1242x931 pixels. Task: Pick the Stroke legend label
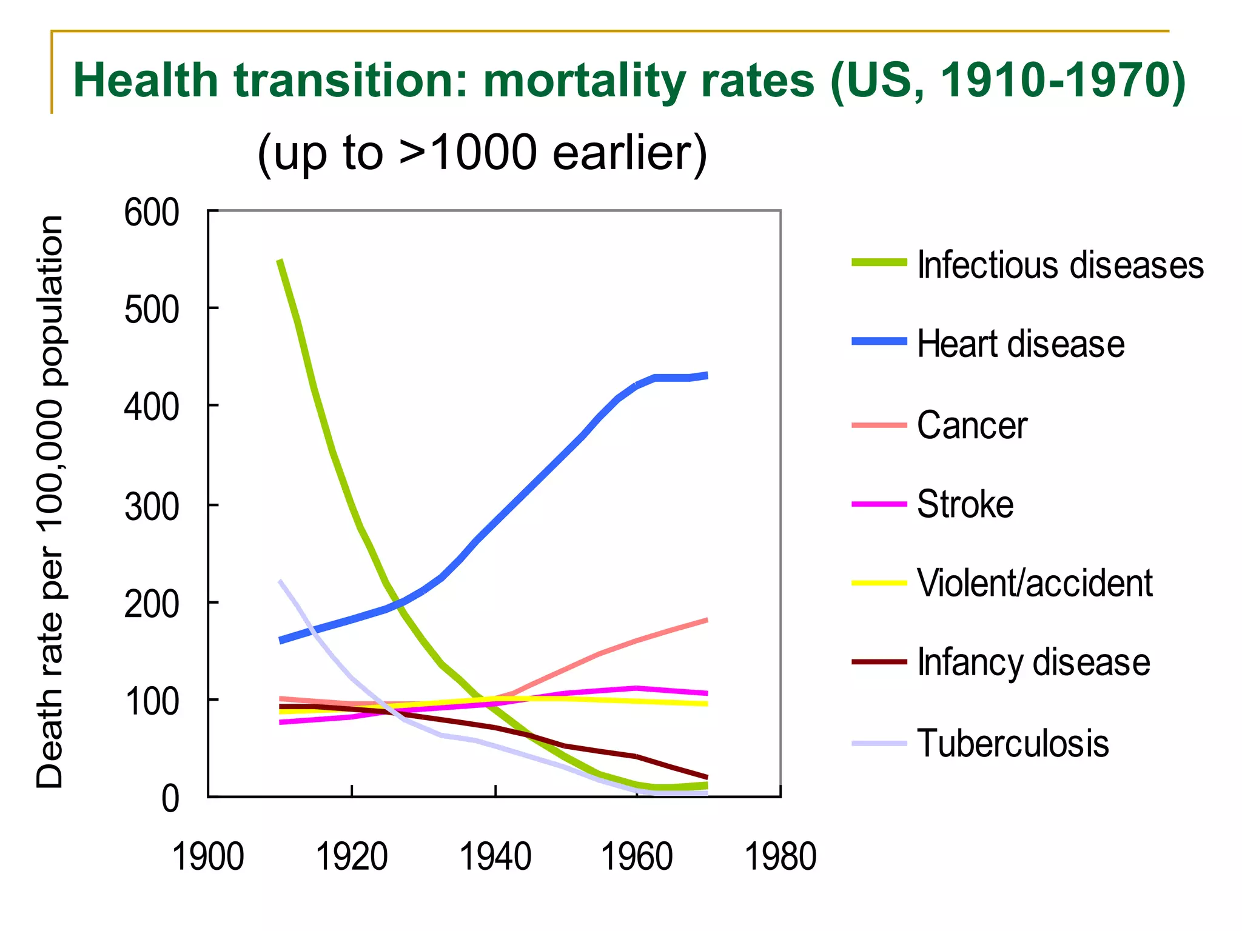coord(965,504)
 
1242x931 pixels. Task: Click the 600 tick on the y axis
coord(152,213)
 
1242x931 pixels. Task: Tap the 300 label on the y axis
coord(152,507)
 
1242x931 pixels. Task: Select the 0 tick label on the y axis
coord(170,799)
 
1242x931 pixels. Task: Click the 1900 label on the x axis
coord(208,857)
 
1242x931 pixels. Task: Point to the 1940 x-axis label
coord(495,857)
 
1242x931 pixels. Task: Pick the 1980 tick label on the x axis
coord(780,857)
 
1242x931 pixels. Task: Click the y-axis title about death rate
coord(50,502)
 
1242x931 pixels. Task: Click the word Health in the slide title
coord(146,81)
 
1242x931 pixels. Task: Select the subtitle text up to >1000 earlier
coord(482,153)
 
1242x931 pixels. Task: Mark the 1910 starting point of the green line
coord(280,261)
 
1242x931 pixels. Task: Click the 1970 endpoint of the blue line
coord(707,375)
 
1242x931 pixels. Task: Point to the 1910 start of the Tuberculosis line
coord(280,581)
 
